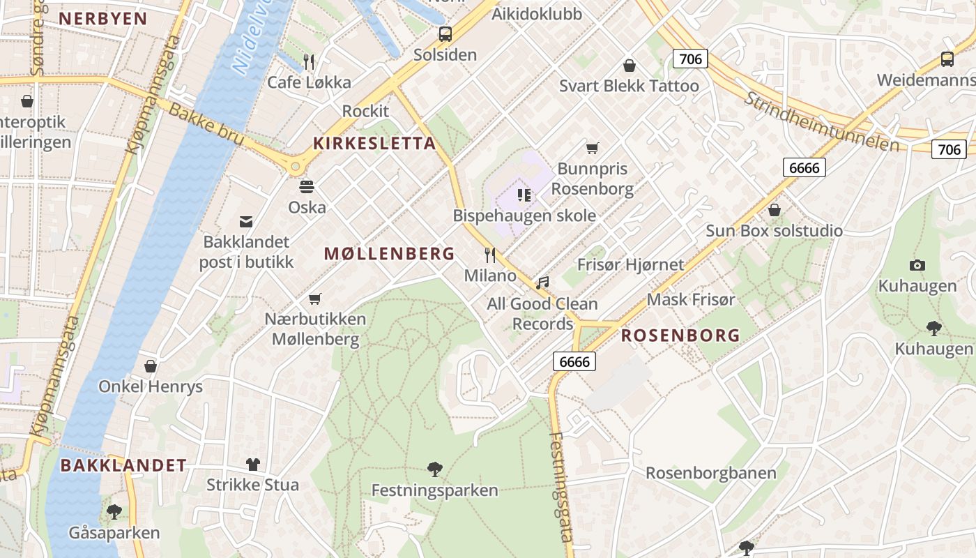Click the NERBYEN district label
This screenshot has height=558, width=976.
pos(103,19)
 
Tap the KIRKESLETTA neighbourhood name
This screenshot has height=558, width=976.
pos(374,144)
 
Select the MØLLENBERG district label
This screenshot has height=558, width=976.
pos(389,254)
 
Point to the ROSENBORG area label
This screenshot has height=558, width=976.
pos(680,335)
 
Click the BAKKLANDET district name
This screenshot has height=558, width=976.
pos(123,465)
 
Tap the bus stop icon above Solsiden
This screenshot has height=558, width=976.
pos(445,33)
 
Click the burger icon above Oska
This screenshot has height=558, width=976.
pos(307,187)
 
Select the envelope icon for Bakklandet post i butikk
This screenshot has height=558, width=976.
pos(246,222)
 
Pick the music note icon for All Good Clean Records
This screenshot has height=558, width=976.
pos(542,282)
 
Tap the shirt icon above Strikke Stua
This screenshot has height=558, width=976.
pos(252,464)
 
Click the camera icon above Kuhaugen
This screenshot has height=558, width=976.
pos(917,265)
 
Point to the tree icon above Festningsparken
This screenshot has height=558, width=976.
pos(435,469)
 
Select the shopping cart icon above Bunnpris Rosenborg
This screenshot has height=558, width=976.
pos(593,148)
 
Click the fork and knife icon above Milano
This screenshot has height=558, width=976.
pos(490,255)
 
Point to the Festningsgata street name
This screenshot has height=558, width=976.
pos(562,487)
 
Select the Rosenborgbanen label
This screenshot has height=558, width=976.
pos(710,473)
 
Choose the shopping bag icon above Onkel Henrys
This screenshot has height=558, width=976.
pos(151,366)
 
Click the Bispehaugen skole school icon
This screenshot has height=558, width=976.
pos(524,195)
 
